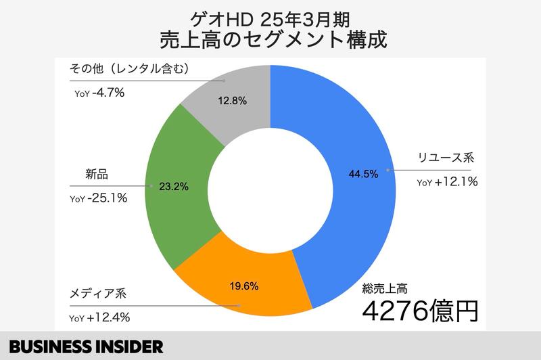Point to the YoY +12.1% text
(448, 182)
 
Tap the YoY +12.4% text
(100, 317)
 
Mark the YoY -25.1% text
(99, 198)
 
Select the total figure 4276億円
(420, 311)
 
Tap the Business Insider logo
(81, 346)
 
